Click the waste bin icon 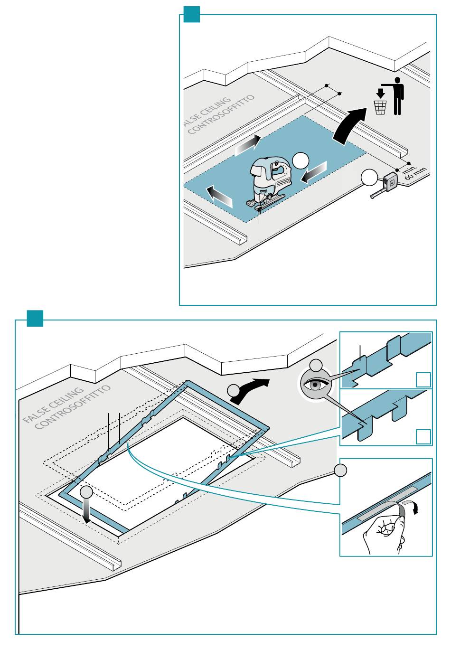(x=380, y=107)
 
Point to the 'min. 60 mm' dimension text (x=413, y=172)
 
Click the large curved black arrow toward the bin (x=350, y=125)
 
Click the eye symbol (x=316, y=385)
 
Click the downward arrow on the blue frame (x=87, y=514)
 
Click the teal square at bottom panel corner (x=35, y=318)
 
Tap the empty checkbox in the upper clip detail (x=423, y=379)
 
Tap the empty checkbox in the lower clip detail (x=423, y=436)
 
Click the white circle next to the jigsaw (x=301, y=161)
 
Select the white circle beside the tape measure (x=369, y=177)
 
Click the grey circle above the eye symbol (x=316, y=365)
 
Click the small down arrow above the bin (x=380, y=94)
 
